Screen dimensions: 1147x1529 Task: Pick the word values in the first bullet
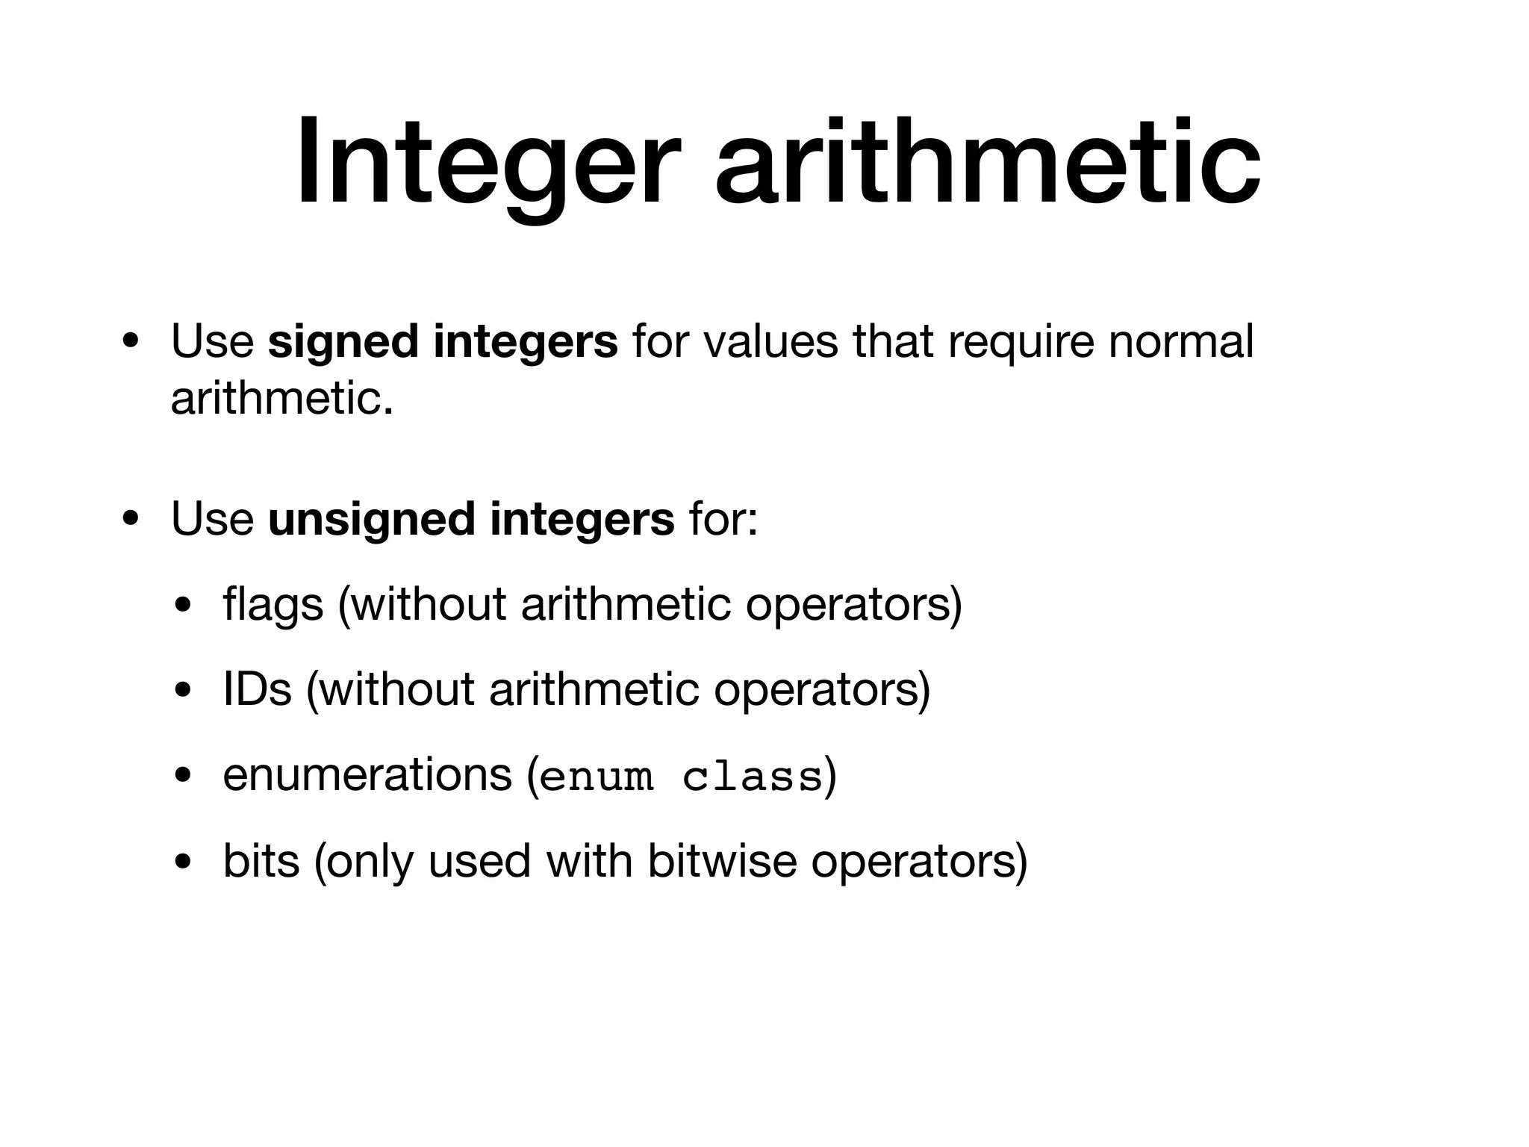[770, 341]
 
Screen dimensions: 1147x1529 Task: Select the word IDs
[257, 688]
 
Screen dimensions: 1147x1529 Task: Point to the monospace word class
[752, 777]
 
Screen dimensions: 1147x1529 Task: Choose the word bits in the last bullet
[261, 860]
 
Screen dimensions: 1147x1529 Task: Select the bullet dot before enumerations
[181, 776]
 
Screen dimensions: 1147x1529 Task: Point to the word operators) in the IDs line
[822, 688]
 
